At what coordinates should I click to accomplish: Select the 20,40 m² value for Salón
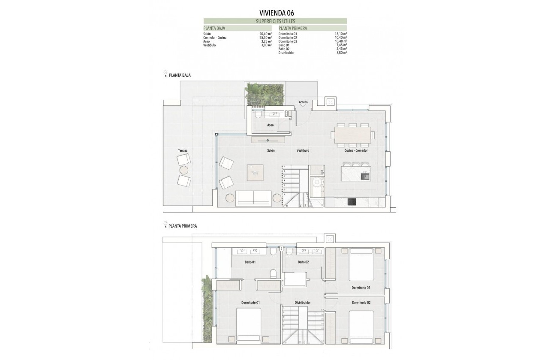coord(266,33)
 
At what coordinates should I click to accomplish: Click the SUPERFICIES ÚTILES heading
coord(275,21)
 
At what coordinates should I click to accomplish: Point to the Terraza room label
coord(183,151)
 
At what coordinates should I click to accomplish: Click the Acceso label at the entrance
coord(303,102)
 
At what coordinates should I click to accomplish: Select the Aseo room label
coord(270,125)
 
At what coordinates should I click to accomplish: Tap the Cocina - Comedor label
coord(356,150)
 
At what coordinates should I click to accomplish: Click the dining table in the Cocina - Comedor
coord(353,135)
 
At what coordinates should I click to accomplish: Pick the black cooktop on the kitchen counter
coord(352,202)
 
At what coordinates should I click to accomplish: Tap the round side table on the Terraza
coord(184,170)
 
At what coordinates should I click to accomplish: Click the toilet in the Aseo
coord(258,115)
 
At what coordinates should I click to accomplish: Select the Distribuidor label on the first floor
coord(302,302)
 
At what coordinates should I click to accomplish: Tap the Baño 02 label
coord(304,262)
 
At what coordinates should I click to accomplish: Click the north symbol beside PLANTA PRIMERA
coord(165,225)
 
